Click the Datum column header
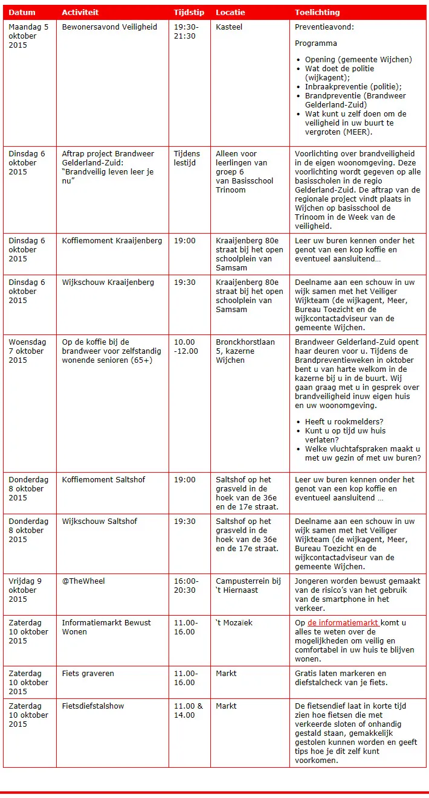[22, 12]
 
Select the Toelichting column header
[317, 12]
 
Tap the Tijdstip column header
[189, 12]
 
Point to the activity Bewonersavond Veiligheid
[109, 27]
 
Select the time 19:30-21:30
[185, 31]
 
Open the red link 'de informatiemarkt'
[343, 623]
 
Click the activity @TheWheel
[83, 581]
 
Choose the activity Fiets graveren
[88, 673]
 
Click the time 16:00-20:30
[185, 586]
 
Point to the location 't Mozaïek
[234, 622]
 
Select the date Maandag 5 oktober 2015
[28, 36]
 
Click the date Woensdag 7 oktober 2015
[27, 351]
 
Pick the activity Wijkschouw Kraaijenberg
[108, 282]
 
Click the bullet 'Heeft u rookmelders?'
[344, 421]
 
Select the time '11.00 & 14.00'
[189, 710]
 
